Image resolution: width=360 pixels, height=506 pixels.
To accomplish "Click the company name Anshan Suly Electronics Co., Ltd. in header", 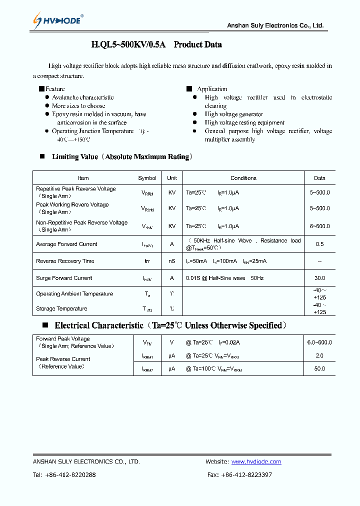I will coord(275,25).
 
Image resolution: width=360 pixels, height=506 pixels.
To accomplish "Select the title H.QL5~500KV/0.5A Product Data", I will coord(156,44).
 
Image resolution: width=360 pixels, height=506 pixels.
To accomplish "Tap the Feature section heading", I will coord(55,89).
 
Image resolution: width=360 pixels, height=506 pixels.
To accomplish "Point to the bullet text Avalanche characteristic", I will coord(82,97).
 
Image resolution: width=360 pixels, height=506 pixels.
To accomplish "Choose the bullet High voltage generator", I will coord(233,114).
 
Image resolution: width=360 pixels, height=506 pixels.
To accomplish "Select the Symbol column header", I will coord(147,178).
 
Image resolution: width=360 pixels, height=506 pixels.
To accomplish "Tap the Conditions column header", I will coord(243,178).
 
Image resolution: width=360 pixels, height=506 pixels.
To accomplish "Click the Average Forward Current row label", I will coord(66,244).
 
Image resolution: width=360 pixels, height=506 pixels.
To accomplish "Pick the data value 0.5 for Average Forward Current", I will coord(319,244).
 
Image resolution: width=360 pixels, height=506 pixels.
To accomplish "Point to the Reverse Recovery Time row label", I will coord(65,261).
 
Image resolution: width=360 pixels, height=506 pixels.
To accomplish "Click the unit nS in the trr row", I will coord(172,261).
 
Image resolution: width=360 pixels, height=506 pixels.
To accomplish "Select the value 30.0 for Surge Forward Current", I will coord(319,278).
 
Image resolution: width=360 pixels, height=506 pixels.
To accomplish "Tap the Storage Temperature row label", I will coord(61,308).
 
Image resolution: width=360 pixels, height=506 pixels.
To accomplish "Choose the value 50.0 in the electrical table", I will coord(319,368).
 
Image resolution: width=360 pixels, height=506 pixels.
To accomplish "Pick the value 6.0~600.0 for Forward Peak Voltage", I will coord(319,342).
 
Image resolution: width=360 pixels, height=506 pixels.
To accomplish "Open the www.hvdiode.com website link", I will coord(256,461).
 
